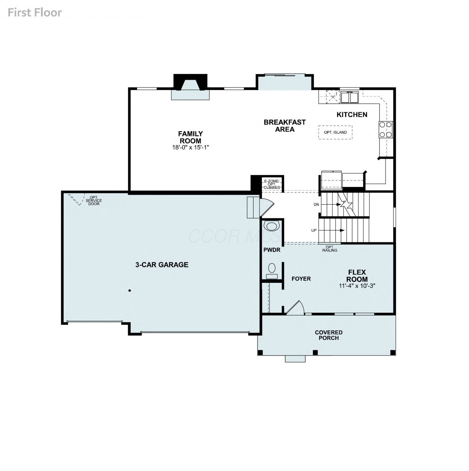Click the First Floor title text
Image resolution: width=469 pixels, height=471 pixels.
click(34, 13)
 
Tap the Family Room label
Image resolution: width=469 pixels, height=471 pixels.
click(191, 137)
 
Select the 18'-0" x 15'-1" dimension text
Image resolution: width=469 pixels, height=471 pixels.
click(191, 147)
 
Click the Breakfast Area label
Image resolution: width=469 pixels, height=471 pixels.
click(285, 126)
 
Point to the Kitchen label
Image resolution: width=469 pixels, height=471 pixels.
click(352, 115)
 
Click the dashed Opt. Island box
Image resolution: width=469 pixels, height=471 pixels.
click(335, 132)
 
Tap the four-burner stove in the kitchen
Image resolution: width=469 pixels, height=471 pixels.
click(386, 129)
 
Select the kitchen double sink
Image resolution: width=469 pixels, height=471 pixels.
click(349, 97)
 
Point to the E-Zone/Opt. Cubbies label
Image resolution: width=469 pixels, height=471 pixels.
click(272, 184)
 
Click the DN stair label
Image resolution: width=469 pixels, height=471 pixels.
click(316, 204)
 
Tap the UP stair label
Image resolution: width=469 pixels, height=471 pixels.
click(314, 230)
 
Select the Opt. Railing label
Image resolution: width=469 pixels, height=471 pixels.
click(330, 249)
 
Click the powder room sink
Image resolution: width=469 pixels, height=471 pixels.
click(271, 226)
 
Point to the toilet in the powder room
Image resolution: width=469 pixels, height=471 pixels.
click(272, 271)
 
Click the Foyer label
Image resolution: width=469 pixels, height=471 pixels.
click(301, 279)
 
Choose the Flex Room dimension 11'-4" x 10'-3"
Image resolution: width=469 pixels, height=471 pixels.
click(357, 286)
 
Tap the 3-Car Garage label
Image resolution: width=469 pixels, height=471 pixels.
click(162, 265)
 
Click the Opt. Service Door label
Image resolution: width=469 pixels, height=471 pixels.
click(94, 201)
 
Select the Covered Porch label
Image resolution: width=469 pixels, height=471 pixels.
click(329, 335)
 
